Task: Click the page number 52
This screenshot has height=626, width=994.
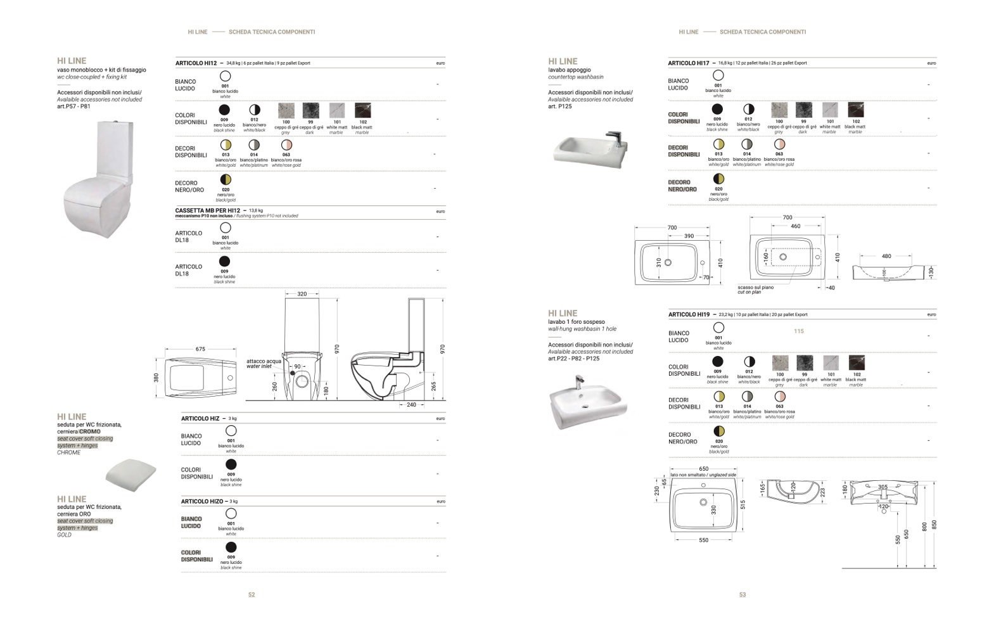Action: click(x=252, y=595)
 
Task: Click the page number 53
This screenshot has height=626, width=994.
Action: click(x=742, y=595)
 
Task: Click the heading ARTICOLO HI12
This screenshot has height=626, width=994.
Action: click(x=196, y=63)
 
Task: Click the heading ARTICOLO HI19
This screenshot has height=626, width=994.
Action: click(x=689, y=315)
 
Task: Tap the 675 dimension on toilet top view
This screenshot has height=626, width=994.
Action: click(x=200, y=349)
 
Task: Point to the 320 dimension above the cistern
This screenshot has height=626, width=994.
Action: click(x=302, y=294)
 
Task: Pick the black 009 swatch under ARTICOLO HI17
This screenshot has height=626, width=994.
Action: click(x=717, y=110)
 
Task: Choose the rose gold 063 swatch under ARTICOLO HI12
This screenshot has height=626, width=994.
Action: click(x=286, y=145)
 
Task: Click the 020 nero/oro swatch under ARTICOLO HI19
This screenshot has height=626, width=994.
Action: click(x=718, y=431)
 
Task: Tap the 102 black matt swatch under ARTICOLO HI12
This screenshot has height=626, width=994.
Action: click(x=362, y=111)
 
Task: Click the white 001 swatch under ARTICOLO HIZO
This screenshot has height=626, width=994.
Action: click(x=231, y=514)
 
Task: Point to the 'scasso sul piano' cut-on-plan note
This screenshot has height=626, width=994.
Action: click(x=755, y=290)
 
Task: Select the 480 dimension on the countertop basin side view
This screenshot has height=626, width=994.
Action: click(x=886, y=257)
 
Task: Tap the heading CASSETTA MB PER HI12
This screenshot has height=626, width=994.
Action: click(x=208, y=210)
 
